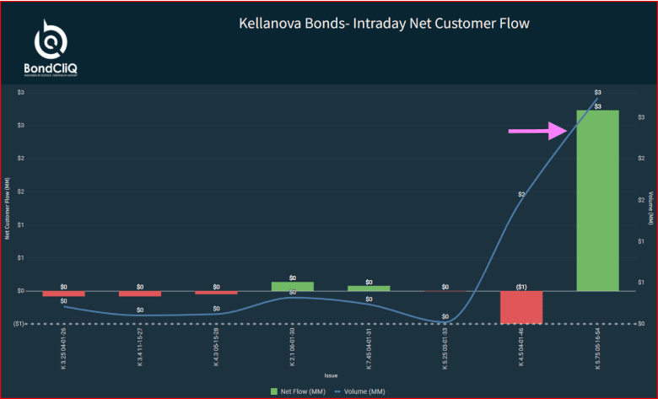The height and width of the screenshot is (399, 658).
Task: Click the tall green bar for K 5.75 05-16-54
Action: (x=597, y=200)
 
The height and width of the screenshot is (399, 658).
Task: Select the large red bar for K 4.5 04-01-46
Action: (x=520, y=307)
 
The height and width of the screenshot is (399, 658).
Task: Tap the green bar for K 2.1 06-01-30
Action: (x=292, y=286)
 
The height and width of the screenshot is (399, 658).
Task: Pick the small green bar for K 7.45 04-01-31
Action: (x=369, y=288)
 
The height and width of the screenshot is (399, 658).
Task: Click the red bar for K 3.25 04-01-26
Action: (x=64, y=294)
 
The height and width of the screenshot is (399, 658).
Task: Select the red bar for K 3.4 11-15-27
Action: (x=140, y=294)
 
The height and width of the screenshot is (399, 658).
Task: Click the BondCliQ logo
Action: (x=52, y=48)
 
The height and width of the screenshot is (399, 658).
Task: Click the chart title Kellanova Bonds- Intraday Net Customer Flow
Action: (x=385, y=24)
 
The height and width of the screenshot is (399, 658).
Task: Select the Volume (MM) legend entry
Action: (x=359, y=391)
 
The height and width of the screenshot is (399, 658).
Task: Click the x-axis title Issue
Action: (x=331, y=375)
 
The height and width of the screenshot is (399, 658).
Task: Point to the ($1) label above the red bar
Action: (x=521, y=287)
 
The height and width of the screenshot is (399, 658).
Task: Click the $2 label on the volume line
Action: (x=522, y=194)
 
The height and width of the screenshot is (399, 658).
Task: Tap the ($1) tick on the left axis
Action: (x=20, y=324)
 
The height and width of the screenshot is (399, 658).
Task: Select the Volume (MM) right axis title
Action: (x=650, y=208)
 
